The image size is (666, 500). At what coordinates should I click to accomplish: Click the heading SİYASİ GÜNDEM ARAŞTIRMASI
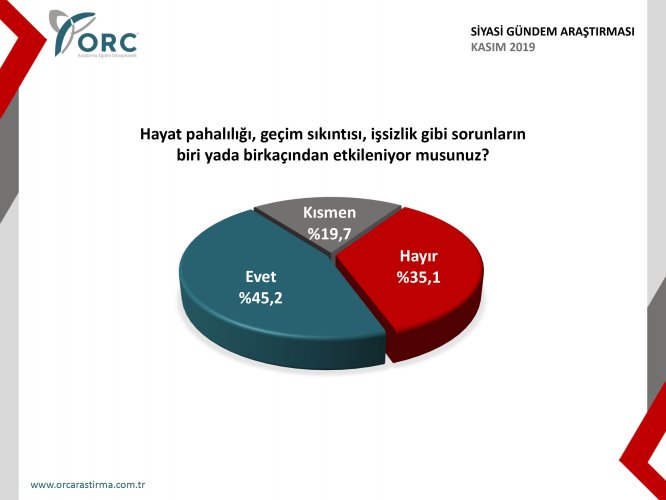[552, 31]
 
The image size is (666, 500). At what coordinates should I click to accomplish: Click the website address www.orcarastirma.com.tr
[89, 484]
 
